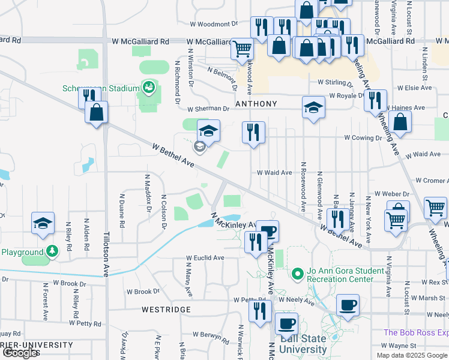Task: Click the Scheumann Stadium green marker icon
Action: (x=147, y=88)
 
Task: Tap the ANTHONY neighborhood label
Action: (x=256, y=104)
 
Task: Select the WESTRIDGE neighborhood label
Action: (x=166, y=310)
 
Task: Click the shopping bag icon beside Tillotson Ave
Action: (x=96, y=112)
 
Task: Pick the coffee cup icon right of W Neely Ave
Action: (x=348, y=304)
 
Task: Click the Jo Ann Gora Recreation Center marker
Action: (x=295, y=275)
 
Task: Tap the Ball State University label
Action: (x=304, y=343)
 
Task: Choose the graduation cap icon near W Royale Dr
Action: (x=313, y=107)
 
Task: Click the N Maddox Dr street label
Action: (x=146, y=194)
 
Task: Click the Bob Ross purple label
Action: (x=415, y=332)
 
